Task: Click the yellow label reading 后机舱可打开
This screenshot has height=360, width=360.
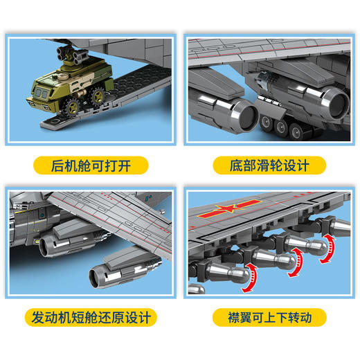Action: click(x=91, y=165)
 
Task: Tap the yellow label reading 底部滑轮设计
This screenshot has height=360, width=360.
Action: click(x=269, y=165)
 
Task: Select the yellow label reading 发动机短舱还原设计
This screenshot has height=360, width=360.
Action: click(x=91, y=318)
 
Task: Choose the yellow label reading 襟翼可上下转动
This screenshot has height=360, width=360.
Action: click(x=269, y=318)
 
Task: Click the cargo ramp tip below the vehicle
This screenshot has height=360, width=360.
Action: click(x=48, y=125)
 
